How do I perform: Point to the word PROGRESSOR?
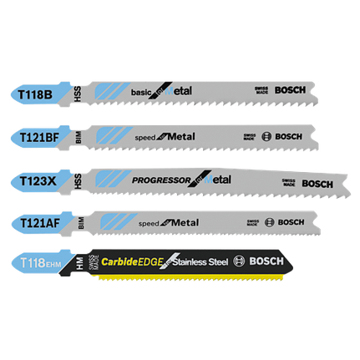click(x=160, y=179)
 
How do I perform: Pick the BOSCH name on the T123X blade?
click(x=317, y=183)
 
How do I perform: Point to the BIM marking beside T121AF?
click(x=79, y=221)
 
